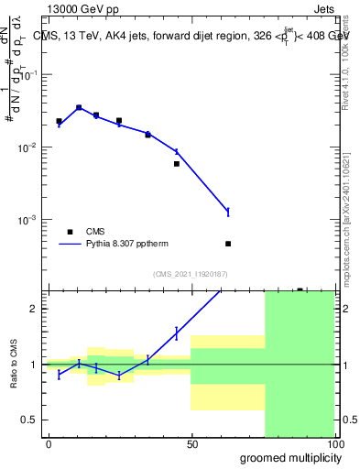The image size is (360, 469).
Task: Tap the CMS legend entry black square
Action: pyautogui.click(x=70, y=232)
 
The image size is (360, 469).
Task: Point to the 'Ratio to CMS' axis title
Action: pyautogui.click(x=11, y=365)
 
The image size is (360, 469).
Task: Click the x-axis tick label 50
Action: pyautogui.click(x=191, y=444)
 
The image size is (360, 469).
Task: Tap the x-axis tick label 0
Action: pyautogui.click(x=49, y=444)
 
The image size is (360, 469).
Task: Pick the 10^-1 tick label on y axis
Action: pyautogui.click(x=31, y=75)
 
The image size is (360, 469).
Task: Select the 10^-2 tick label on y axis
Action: pyautogui.click(x=31, y=147)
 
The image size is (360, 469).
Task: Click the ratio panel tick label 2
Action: pyautogui.click(x=36, y=309)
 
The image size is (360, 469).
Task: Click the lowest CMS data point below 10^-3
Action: pyautogui.click(x=228, y=244)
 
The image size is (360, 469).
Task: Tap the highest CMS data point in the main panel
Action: pyautogui.click(x=79, y=107)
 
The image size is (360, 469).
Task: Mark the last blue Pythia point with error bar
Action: pyautogui.click(x=228, y=212)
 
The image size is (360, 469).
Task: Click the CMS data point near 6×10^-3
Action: pyautogui.click(x=176, y=164)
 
